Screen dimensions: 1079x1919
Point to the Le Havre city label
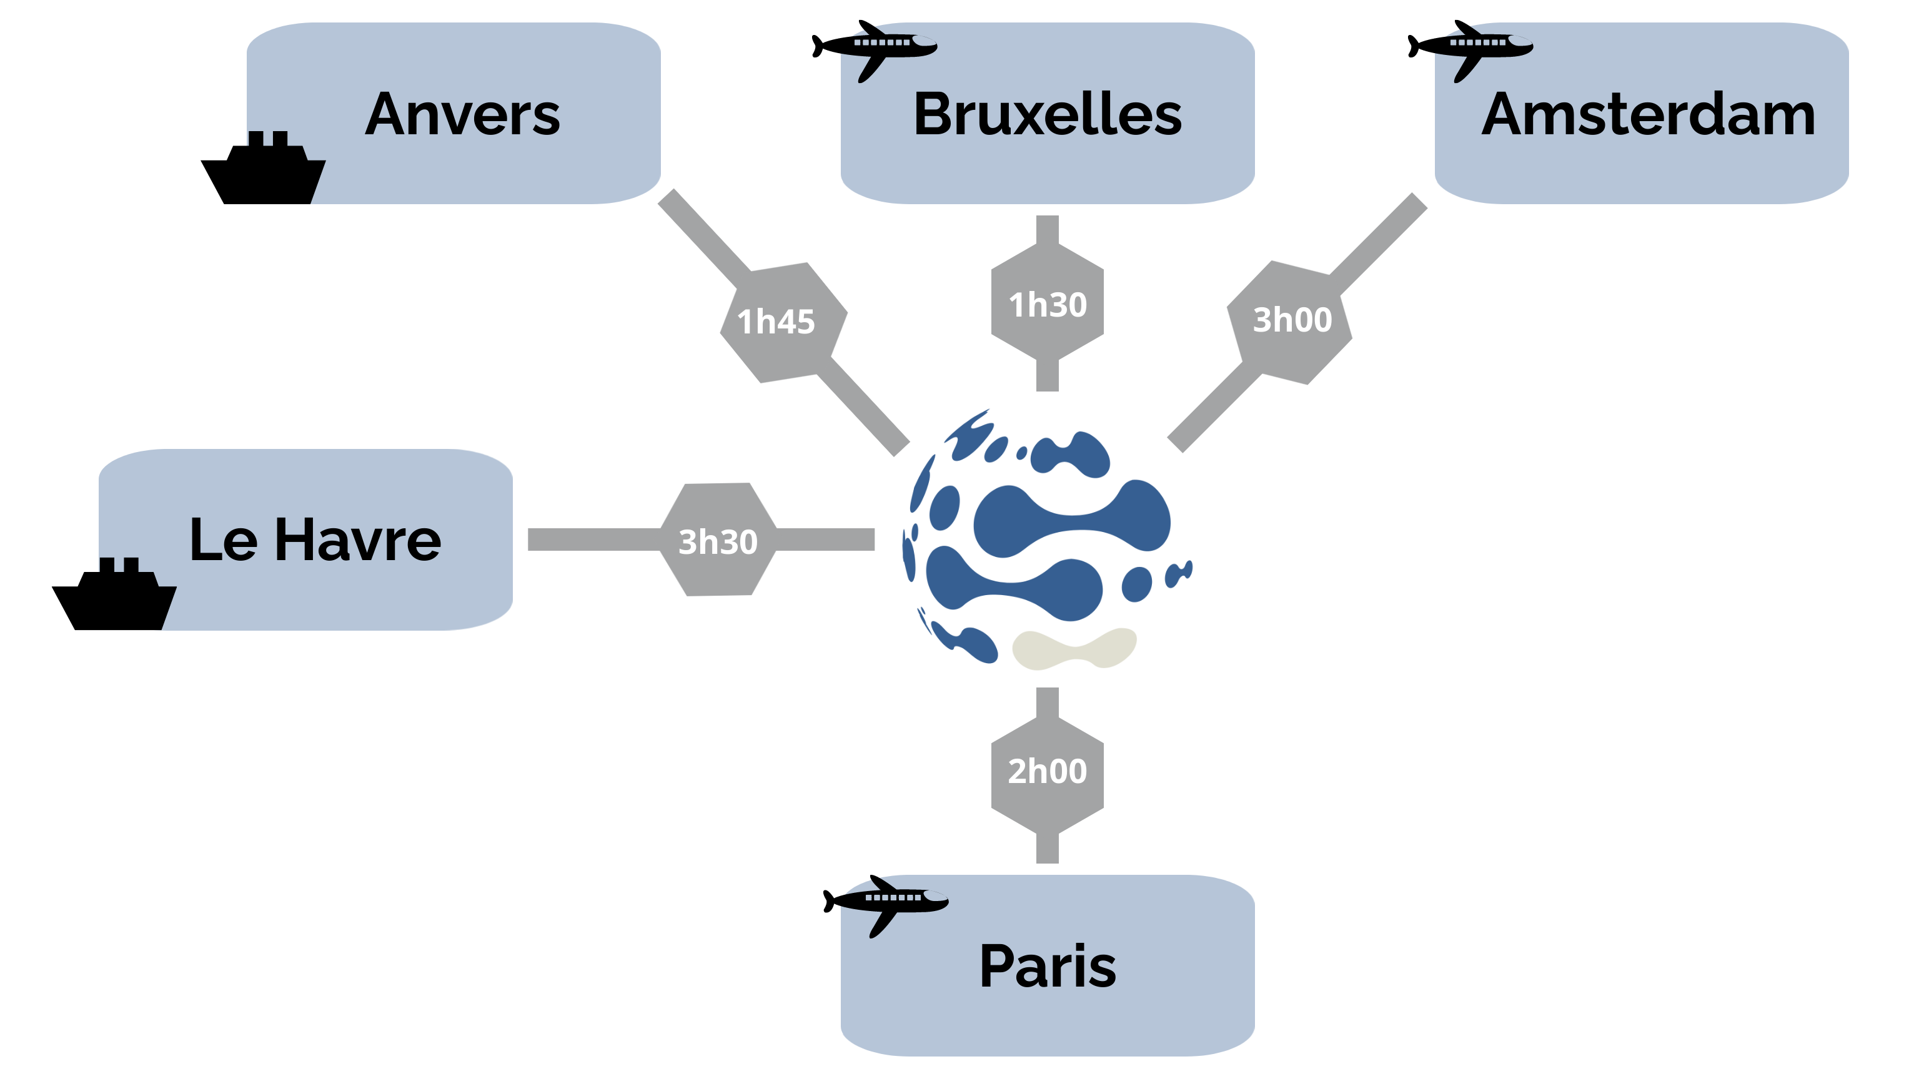point(315,540)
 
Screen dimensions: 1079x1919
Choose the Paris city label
point(1048,966)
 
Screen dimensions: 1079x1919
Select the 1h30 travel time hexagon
point(1048,305)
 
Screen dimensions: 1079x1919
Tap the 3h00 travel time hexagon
point(1291,320)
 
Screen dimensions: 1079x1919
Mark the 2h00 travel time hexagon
point(1048,771)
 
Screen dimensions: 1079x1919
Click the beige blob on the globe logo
point(1073,648)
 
